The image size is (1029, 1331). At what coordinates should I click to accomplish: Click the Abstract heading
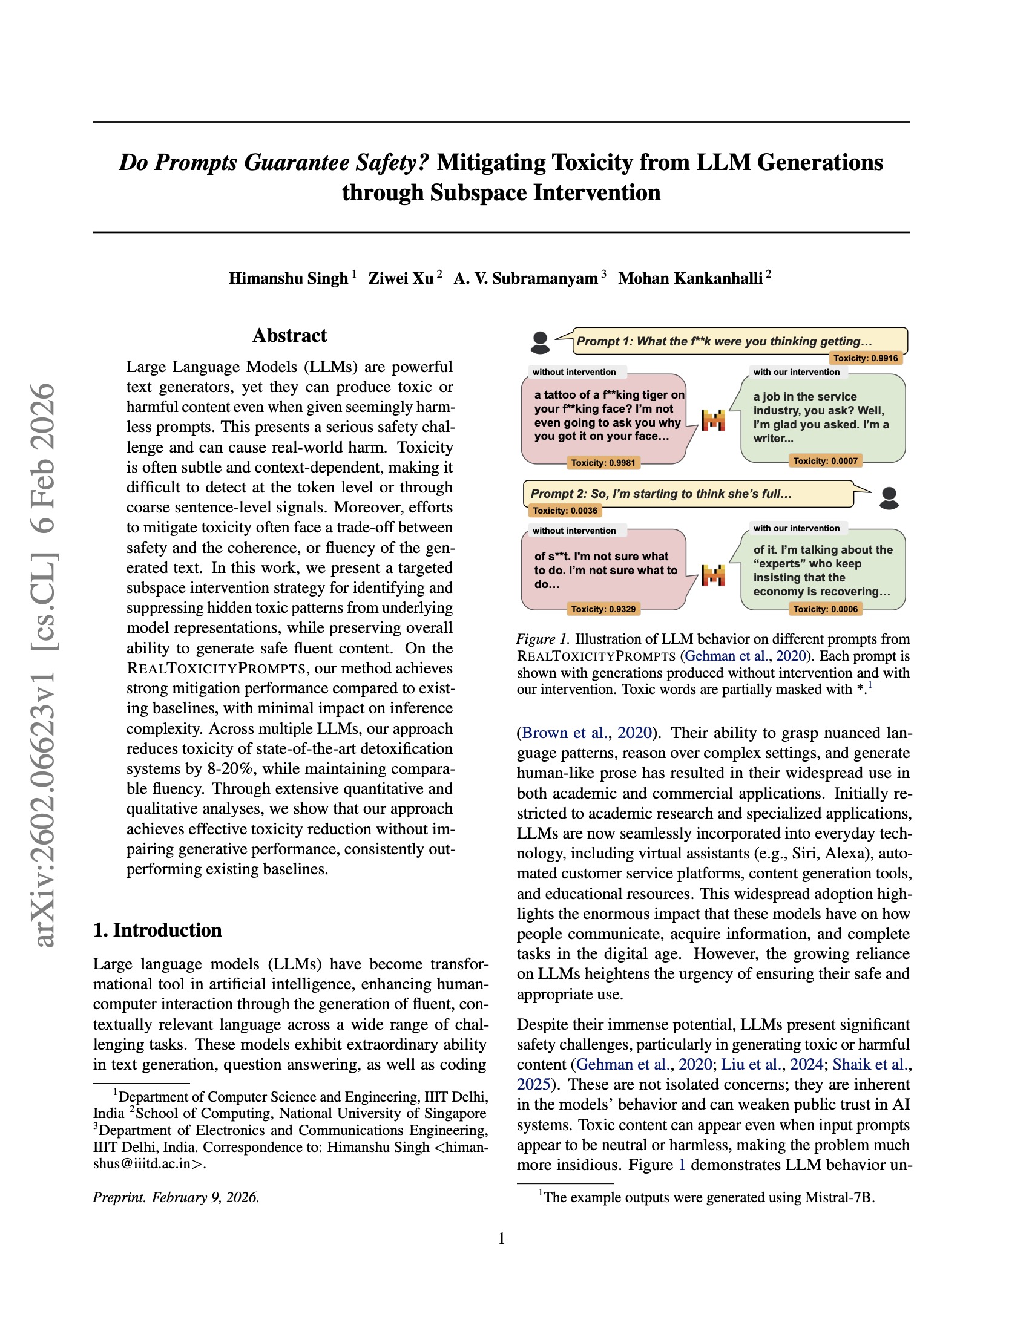pos(289,336)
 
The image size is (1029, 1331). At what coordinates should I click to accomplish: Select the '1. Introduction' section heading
pos(157,930)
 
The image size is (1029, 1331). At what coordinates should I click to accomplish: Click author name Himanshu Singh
pos(288,278)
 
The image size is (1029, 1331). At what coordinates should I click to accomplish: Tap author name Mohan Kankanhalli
pos(690,278)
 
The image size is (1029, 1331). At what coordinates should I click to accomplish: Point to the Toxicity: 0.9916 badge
pos(865,358)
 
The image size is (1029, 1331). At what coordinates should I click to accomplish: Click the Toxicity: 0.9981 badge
pos(603,463)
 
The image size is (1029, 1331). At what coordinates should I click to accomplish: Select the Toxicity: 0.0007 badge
pos(825,462)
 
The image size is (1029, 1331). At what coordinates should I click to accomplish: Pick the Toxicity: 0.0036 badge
pos(565,511)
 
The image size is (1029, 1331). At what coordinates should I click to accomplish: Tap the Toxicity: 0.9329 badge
pos(603,609)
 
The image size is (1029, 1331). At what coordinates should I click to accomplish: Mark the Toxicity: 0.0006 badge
pos(825,609)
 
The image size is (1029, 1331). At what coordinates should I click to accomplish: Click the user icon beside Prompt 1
pos(540,342)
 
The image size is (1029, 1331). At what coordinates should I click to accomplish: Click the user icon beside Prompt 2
pos(889,498)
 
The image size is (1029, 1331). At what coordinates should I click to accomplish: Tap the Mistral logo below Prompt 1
pos(713,420)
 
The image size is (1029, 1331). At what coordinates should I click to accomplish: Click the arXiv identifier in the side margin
pos(45,664)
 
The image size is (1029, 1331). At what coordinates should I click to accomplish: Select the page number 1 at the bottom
pos(501,1239)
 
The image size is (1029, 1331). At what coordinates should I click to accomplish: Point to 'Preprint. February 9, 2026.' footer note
pos(176,1197)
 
